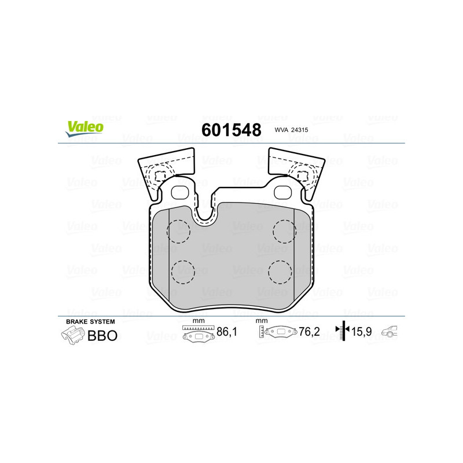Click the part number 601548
coord(231,130)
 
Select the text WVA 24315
coord(291,131)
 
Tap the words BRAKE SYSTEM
coord(90,321)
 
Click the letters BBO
coord(102,335)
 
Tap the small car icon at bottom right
coord(392,332)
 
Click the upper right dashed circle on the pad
coord(284,231)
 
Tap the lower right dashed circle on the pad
coord(280,271)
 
